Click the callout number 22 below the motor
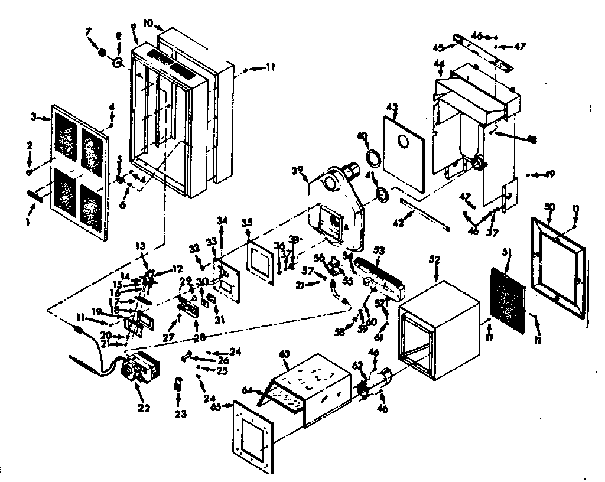[144, 408]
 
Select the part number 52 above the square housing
[436, 259]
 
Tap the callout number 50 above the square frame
[549, 206]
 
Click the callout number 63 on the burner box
[285, 354]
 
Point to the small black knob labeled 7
[103, 53]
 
